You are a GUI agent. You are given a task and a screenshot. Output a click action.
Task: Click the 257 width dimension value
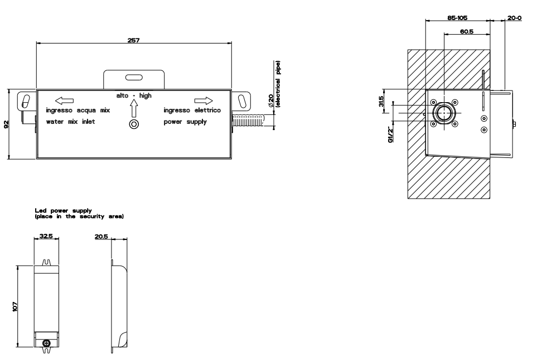coord(134,40)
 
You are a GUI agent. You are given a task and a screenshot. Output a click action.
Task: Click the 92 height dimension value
coord(6,124)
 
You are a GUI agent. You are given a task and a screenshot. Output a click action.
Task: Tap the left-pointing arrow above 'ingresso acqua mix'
coord(64,101)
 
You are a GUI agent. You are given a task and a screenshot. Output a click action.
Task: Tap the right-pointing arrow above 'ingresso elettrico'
coord(204,101)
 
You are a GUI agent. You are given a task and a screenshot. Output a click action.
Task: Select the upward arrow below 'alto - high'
coord(134,108)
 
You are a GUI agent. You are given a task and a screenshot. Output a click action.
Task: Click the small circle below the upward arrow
coord(134,124)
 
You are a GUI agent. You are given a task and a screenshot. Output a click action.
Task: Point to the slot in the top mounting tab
coord(134,77)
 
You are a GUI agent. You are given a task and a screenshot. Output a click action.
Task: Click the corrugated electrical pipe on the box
coord(248,121)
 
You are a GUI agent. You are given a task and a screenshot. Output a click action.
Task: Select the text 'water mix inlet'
coord(71,122)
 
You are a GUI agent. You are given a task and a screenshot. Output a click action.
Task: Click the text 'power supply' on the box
coord(185,122)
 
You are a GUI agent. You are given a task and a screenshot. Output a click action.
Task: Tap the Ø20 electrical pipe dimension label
coord(274,84)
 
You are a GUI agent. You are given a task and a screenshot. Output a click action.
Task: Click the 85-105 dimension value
coord(457,18)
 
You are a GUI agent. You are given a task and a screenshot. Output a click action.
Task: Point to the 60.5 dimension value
coord(466,32)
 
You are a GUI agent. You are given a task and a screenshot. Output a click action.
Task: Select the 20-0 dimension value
coord(514,18)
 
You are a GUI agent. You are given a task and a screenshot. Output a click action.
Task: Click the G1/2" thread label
coord(390,135)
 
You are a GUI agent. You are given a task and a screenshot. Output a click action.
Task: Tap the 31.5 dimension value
coord(381,102)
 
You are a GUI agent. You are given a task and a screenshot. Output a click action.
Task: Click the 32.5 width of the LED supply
coord(46,236)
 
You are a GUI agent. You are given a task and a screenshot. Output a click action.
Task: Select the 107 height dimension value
coord(14,306)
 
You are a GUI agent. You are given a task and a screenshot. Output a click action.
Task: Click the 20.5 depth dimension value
coord(101,237)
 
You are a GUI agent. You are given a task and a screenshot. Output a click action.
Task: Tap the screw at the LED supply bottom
coord(47,343)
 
